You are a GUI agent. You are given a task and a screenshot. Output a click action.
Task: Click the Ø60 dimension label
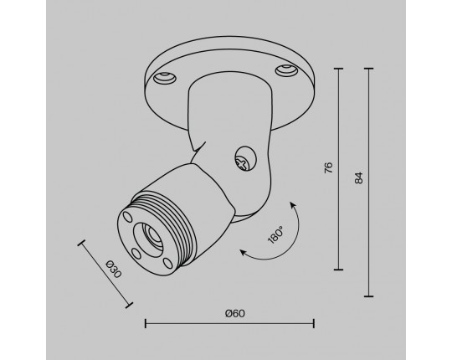pyautogui.click(x=235, y=313)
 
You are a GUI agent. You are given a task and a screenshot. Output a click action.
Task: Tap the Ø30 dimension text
pyautogui.click(x=114, y=269)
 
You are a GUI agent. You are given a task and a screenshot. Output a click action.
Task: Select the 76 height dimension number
pyautogui.click(x=328, y=167)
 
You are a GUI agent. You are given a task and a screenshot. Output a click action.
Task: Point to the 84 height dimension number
pyautogui.click(x=358, y=177)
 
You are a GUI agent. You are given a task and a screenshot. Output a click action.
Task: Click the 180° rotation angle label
pyautogui.click(x=275, y=235)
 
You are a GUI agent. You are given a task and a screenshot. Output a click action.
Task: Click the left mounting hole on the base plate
pyautogui.click(x=165, y=78)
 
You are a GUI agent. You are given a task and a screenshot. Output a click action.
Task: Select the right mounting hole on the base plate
pyautogui.click(x=286, y=70)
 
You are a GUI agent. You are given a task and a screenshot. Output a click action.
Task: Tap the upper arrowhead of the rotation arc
pyautogui.click(x=293, y=205)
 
